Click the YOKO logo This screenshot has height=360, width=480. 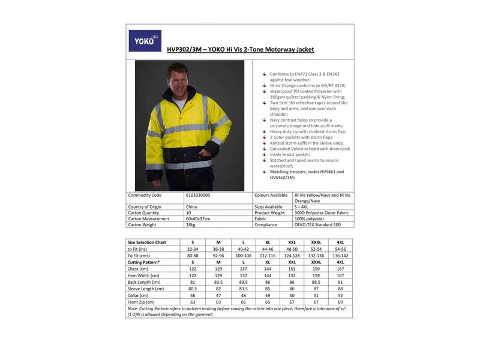(145, 41)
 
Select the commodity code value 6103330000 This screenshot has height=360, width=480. (198, 195)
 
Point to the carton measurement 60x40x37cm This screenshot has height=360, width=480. (199, 219)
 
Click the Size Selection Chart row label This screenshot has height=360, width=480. (146, 242)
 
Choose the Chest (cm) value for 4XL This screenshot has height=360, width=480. (340, 269)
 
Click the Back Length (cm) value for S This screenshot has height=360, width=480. (193, 282)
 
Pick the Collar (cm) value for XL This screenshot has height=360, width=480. (268, 295)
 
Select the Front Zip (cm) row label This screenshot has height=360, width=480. (141, 302)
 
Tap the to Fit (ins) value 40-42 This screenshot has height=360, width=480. (243, 249)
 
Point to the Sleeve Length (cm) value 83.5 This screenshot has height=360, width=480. (243, 289)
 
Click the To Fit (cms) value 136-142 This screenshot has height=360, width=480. (340, 256)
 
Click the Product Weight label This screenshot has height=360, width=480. (269, 213)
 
